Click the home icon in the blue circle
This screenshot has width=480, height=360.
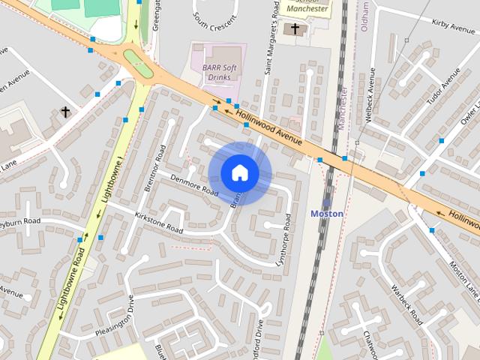point(240,173)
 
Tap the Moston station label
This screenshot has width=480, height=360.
point(327,214)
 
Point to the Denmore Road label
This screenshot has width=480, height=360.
point(193,184)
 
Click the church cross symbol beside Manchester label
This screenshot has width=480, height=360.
point(295,29)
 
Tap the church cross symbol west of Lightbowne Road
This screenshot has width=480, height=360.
point(65,112)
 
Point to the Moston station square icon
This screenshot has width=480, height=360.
point(327,202)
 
